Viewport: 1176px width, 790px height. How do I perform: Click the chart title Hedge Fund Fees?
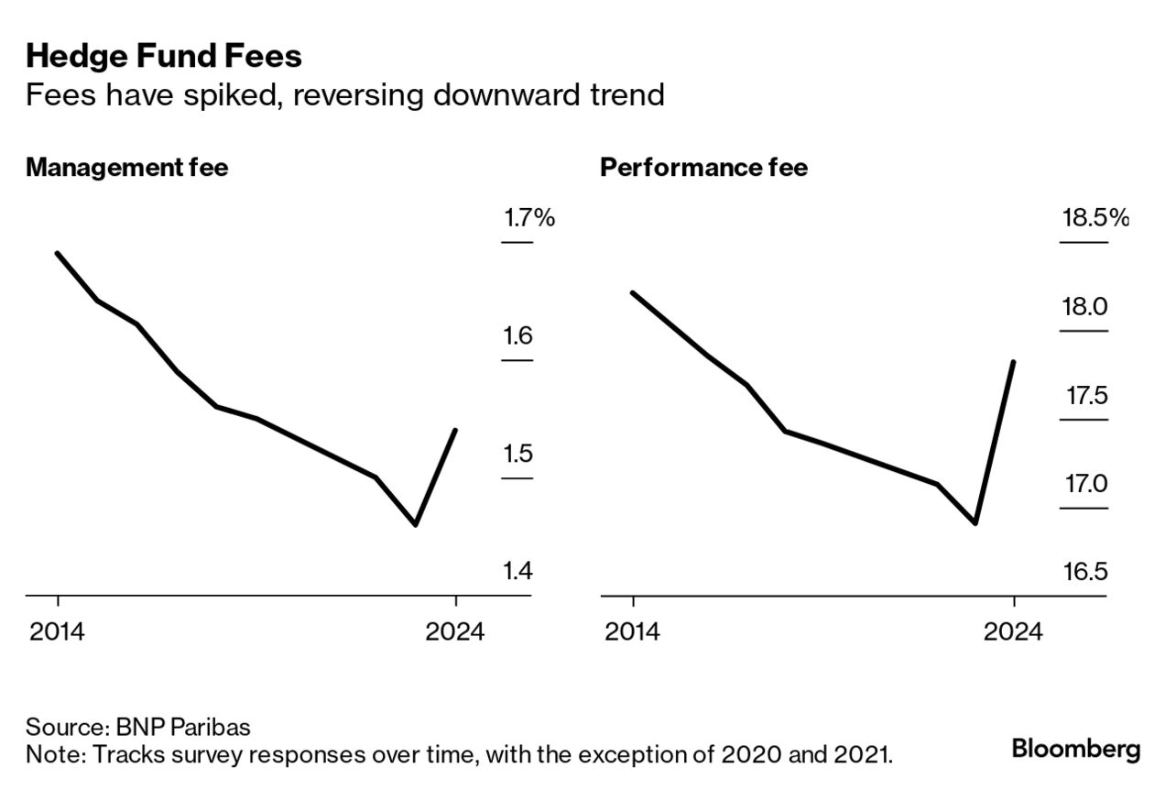coord(164,57)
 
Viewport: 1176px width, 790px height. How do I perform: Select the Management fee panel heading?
coord(126,168)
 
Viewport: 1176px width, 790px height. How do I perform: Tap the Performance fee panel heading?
coord(703,168)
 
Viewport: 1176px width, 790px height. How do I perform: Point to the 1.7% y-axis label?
coord(528,218)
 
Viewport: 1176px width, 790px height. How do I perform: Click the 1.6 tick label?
coord(517,336)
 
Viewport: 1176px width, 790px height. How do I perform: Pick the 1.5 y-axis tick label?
coord(517,454)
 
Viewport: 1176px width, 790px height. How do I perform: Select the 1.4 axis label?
coord(517,572)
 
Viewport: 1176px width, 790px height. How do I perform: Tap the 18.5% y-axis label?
coord(1094,218)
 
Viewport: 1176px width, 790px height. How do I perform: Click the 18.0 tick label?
coord(1084,306)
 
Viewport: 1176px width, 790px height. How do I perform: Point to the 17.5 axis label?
coord(1086,396)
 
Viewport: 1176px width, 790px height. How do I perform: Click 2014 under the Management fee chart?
coord(58,632)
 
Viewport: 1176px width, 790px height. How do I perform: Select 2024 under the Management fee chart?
coord(455,632)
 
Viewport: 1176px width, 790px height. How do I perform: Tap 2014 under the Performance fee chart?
coord(632,632)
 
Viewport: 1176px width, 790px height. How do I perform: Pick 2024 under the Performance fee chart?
coord(1014,632)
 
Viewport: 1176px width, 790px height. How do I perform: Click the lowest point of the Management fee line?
coord(416,524)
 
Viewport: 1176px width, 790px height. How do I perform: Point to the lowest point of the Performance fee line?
coord(975,523)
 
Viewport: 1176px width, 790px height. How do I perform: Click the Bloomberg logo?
coord(1075,749)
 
